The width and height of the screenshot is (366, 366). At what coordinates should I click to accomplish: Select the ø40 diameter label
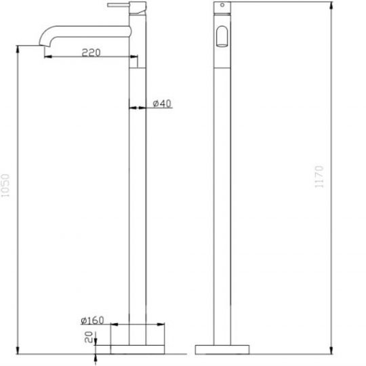(x=161, y=103)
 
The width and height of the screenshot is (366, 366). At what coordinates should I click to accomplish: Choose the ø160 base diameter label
(x=91, y=321)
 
